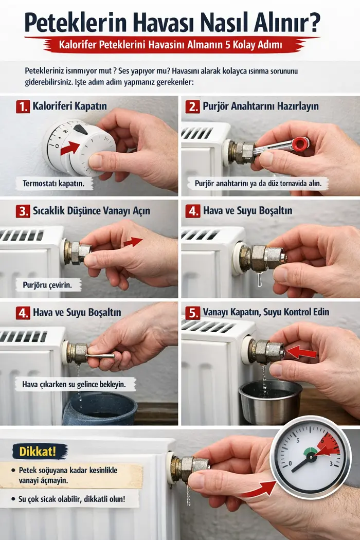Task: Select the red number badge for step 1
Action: [23, 107]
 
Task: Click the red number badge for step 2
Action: [192, 107]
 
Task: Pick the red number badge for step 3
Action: [23, 211]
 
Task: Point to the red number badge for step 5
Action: [192, 313]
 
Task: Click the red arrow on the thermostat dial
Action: [70, 148]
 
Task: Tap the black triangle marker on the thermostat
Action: [80, 129]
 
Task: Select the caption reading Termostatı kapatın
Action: [53, 183]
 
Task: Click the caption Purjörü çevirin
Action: [47, 285]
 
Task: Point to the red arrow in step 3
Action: [133, 242]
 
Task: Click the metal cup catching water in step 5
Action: [271, 402]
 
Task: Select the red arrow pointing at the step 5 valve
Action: [301, 352]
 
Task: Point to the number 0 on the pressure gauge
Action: [290, 463]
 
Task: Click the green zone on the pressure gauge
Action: [311, 451]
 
